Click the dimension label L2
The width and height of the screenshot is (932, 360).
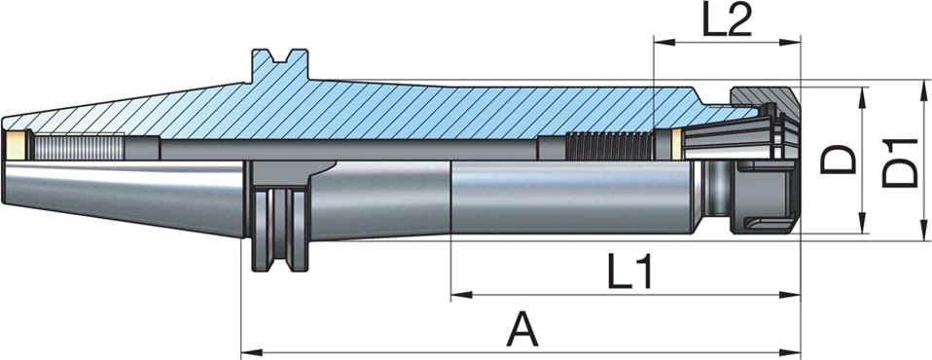pos(727,22)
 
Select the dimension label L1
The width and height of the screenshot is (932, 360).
pos(630,270)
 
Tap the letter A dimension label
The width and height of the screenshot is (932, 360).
pos(522,330)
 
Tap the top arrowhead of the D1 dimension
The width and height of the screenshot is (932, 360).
pos(923,90)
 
